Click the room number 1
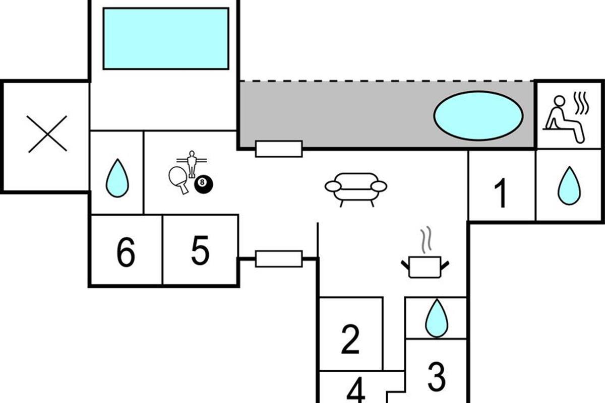500,194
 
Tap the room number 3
437,376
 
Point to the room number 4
356,391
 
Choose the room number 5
200,251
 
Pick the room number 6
126,253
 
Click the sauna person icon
565,119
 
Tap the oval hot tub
478,115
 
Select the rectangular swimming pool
165,38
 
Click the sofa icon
355,189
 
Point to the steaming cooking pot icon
425,262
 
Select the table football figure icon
191,162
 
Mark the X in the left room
47,133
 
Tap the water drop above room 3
437,318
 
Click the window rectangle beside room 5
279,258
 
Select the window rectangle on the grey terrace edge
279,149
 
